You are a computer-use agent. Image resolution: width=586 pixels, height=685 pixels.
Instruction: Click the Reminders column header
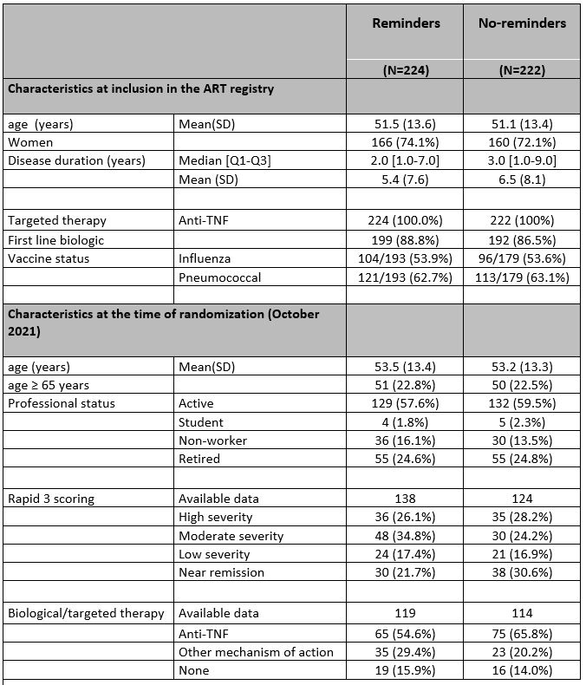coord(406,23)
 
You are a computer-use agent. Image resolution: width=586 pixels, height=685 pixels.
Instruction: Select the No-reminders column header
coord(522,23)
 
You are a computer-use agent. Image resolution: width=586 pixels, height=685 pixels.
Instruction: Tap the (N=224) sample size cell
coord(406,71)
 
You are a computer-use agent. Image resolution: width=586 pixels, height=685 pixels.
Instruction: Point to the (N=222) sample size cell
coord(522,71)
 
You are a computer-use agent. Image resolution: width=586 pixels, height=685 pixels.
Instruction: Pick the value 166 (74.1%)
coord(406,141)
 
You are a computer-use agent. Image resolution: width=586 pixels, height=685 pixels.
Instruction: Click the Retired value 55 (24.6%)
coord(406,459)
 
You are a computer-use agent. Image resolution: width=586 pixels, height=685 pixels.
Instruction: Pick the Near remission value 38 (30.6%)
coord(522,571)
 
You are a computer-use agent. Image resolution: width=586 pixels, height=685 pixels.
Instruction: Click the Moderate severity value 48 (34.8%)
coord(406,535)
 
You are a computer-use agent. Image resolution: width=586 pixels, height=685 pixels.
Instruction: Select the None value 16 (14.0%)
coord(522,670)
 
